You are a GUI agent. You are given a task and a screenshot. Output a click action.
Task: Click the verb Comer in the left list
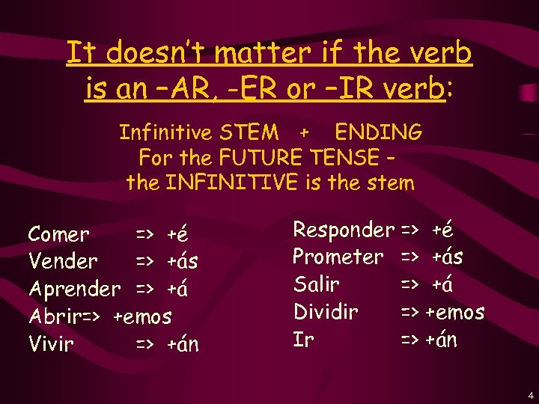tap(58, 234)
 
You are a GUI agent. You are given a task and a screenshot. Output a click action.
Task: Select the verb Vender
tap(63, 261)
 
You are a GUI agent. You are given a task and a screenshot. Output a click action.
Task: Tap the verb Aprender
tap(74, 289)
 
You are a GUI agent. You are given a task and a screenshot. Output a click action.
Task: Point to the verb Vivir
tap(51, 344)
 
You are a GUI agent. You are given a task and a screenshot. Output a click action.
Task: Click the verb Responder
tap(343, 230)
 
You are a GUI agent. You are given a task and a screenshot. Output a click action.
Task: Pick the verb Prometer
tap(338, 257)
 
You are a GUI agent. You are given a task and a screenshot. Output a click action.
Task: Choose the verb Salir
tap(317, 284)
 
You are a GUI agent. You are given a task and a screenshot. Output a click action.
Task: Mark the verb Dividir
tap(325, 312)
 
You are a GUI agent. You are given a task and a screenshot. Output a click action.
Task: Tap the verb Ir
tap(302, 340)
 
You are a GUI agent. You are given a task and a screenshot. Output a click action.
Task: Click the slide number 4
tap(530, 394)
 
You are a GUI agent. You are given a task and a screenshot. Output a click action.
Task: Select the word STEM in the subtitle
tap(249, 133)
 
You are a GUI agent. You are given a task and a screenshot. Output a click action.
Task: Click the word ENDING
tap(378, 133)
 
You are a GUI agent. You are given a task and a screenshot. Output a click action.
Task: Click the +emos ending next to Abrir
tap(142, 316)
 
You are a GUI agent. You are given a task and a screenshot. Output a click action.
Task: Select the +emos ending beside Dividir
tap(455, 312)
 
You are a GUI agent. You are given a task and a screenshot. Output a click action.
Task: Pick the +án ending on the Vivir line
tap(183, 344)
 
